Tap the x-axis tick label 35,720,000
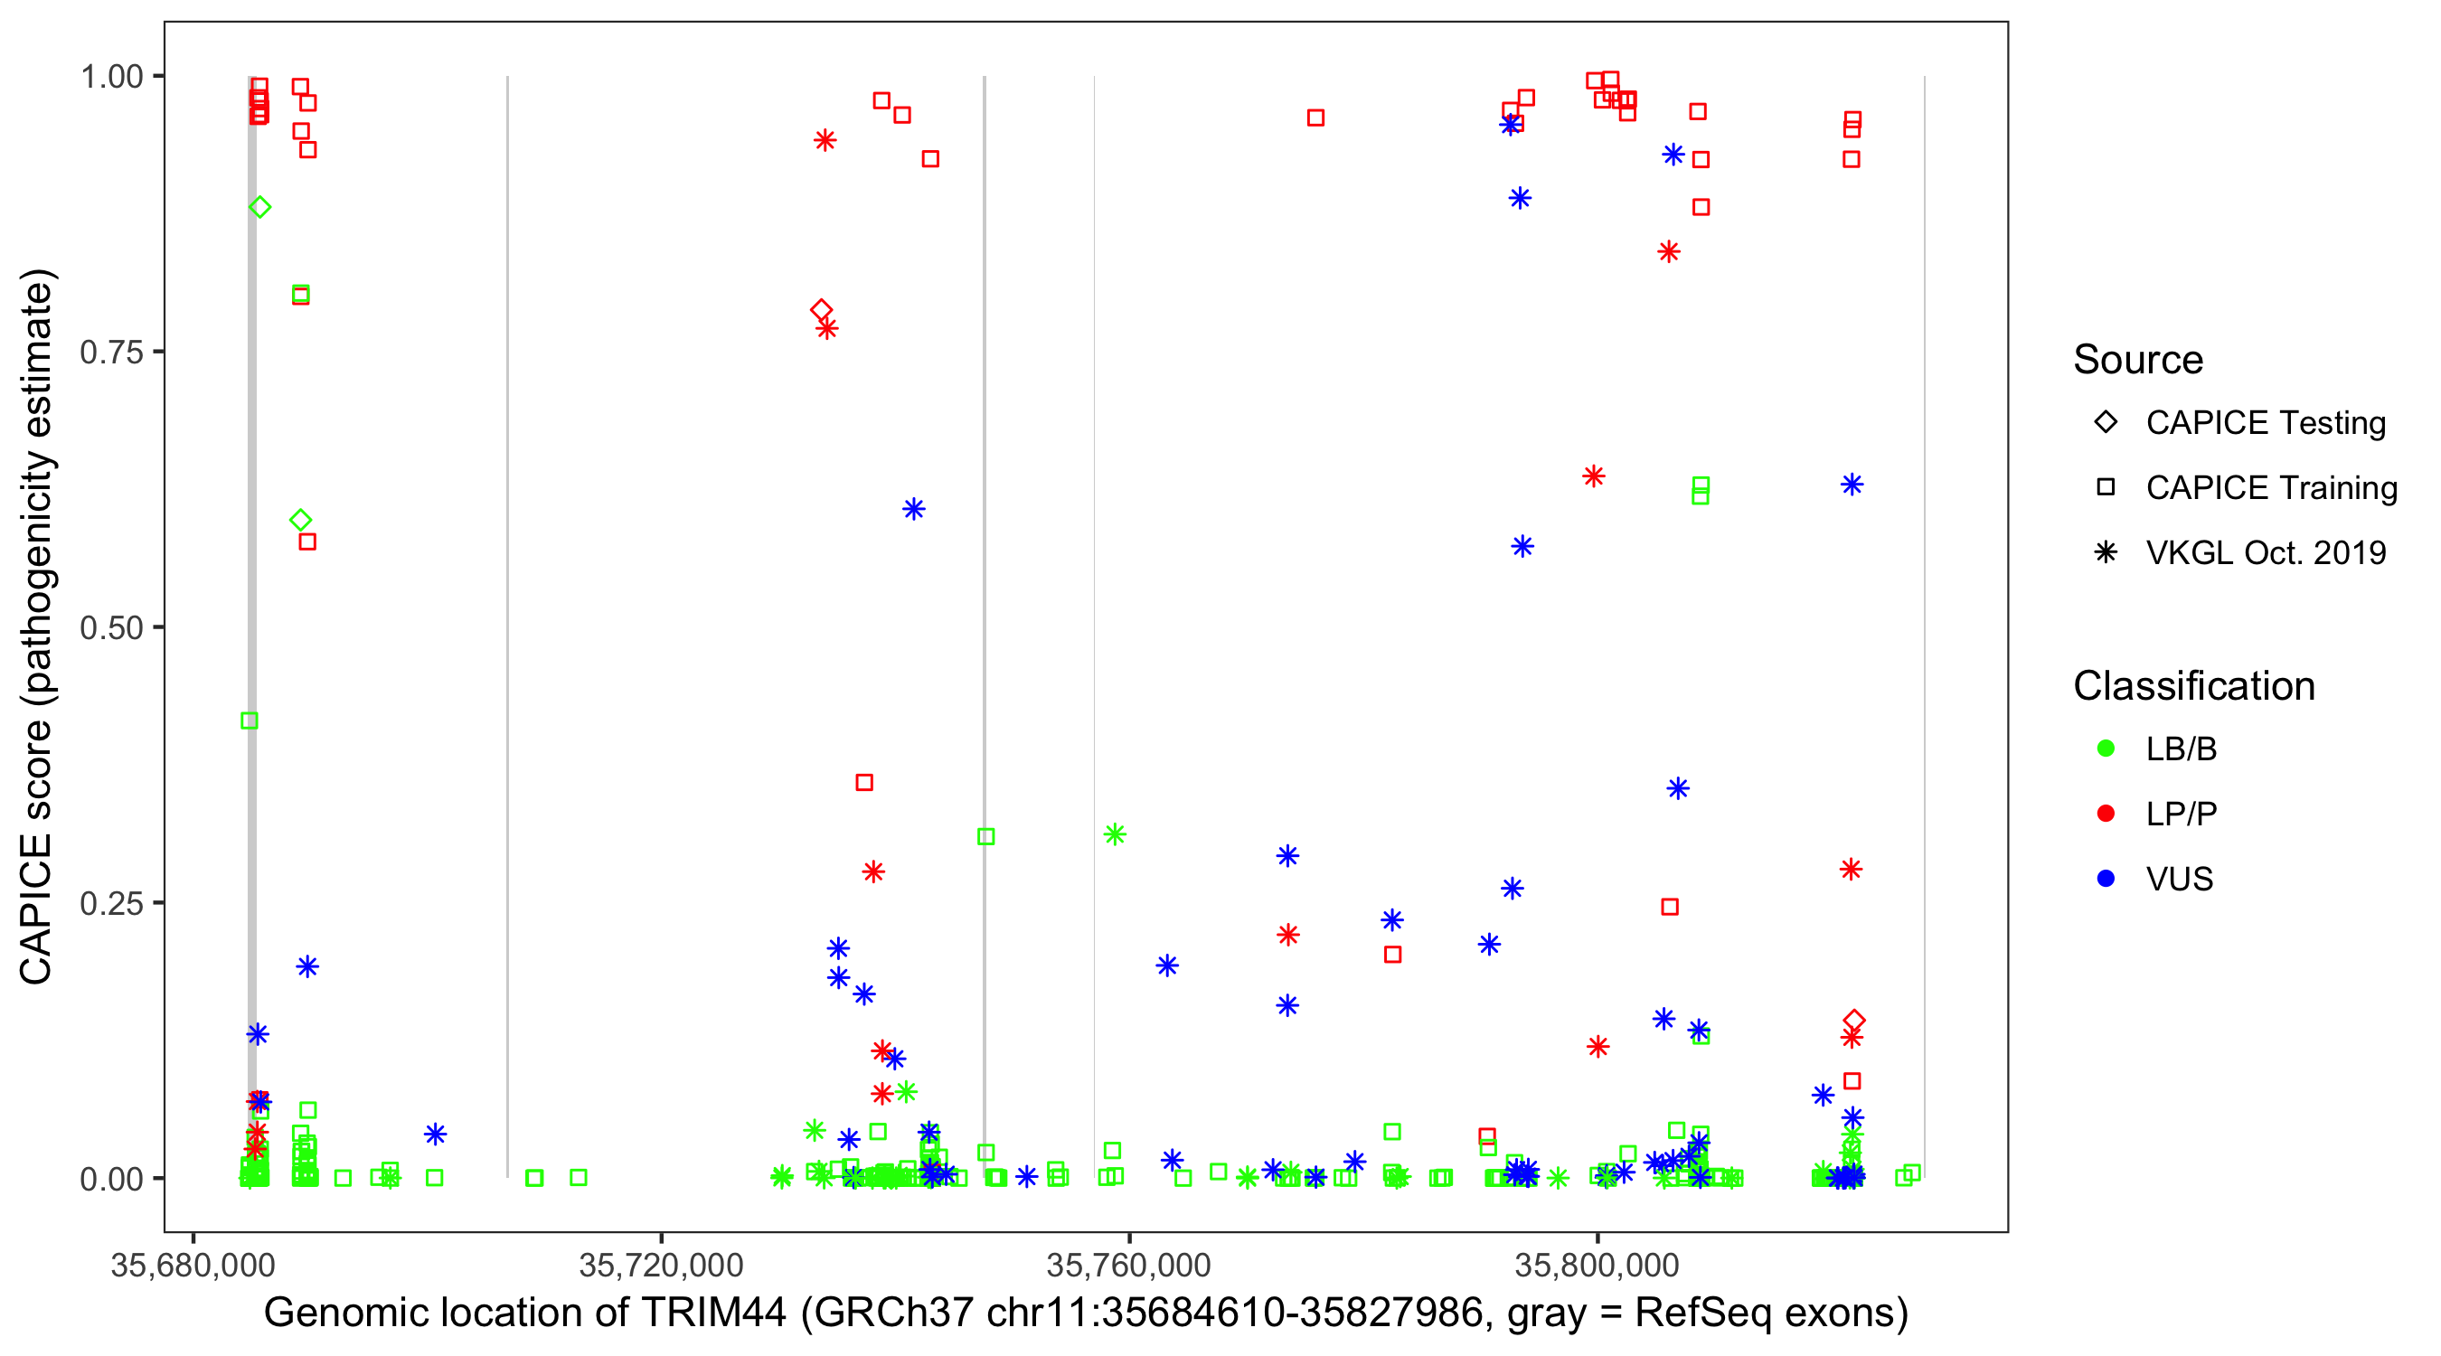661,1265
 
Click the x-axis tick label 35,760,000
1128,1265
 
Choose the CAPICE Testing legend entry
2265,423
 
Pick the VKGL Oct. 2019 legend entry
2265,552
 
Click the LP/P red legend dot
2106,814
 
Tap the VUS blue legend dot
2106,880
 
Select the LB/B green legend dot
2106,749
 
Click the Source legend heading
2138,360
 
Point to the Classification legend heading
2193,686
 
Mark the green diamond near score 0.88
260,208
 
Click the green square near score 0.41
250,721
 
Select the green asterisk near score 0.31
1115,834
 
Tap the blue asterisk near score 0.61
913,510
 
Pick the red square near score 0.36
864,783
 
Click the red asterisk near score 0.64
1594,476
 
